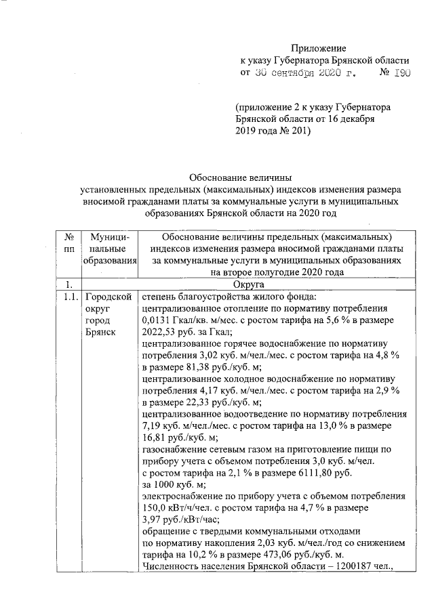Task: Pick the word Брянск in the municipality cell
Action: point(101,332)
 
